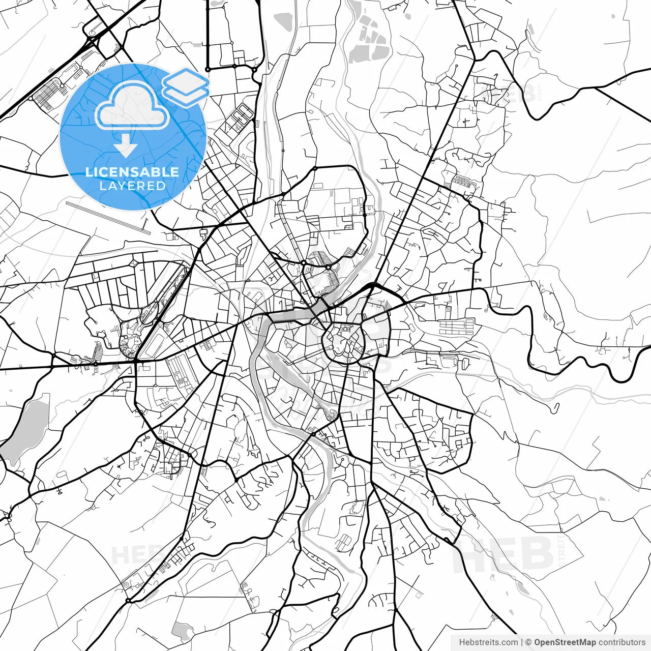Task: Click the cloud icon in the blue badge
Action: (132, 107)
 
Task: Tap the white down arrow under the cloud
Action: (126, 146)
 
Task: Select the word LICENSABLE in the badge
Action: (132, 172)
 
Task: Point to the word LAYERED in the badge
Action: (132, 186)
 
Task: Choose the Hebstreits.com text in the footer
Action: (488, 642)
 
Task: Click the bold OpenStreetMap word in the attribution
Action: (565, 642)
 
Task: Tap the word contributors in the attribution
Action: (622, 642)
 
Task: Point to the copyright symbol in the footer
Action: (528, 642)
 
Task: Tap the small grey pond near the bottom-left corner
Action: (182, 631)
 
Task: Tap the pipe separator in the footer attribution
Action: (522, 642)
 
